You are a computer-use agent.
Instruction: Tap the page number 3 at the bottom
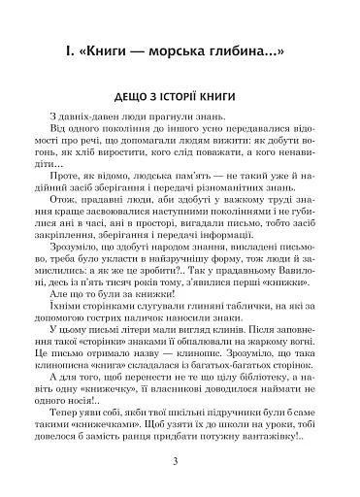click(x=180, y=459)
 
